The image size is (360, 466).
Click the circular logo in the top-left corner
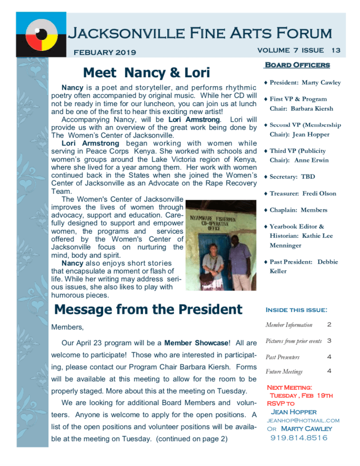[x=41, y=34]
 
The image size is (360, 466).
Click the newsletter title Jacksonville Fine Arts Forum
[x=199, y=34]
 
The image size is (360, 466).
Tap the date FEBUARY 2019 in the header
[x=105, y=52]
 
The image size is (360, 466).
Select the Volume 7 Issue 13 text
[x=299, y=50]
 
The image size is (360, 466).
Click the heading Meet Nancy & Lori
[x=146, y=73]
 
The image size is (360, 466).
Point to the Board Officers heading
[x=297, y=65]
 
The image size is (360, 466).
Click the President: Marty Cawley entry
[x=298, y=83]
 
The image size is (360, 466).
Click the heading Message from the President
[x=148, y=310]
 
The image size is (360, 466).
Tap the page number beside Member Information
[x=329, y=324]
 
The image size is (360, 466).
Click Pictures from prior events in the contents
[x=294, y=341]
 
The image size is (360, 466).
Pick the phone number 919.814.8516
[x=299, y=438]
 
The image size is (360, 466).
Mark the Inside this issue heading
[x=296, y=310]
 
